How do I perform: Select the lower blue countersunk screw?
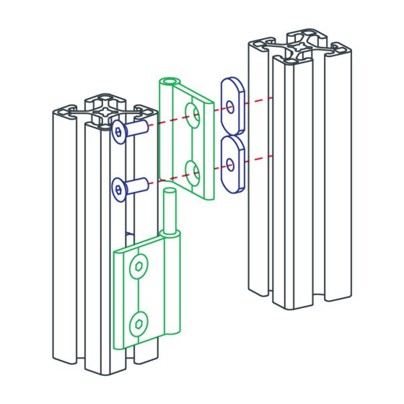click(x=130, y=188)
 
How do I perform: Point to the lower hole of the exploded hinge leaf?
click(x=193, y=171)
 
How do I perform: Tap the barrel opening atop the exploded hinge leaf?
click(x=170, y=82)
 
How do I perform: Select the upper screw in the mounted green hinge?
click(x=137, y=268)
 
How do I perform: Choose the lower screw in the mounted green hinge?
click(x=137, y=322)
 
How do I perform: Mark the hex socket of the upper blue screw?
click(x=119, y=131)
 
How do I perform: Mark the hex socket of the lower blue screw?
click(x=119, y=190)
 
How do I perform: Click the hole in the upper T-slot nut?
click(x=230, y=106)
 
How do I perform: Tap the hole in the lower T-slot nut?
click(x=230, y=164)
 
